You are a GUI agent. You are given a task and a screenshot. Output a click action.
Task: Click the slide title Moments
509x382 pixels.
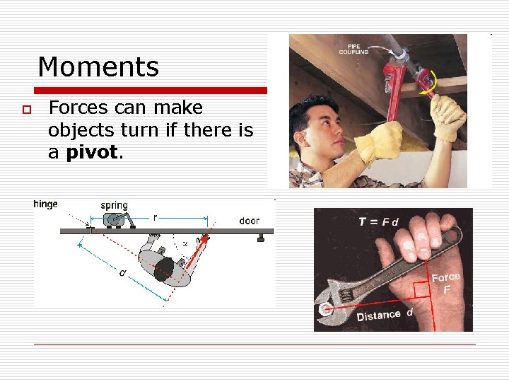[x=98, y=67]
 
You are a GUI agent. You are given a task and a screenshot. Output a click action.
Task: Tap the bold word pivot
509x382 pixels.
[x=94, y=153]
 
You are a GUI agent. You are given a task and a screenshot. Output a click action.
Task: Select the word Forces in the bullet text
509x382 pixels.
[x=78, y=108]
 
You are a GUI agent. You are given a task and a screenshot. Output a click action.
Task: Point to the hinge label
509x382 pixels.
[x=46, y=204]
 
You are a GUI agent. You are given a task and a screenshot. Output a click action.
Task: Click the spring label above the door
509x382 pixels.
[x=114, y=205]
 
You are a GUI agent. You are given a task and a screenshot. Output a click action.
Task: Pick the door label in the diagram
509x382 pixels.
[x=249, y=221]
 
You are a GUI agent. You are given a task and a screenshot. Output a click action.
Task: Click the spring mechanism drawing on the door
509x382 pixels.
[x=114, y=220]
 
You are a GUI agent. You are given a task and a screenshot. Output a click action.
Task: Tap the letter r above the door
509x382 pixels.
[x=155, y=218]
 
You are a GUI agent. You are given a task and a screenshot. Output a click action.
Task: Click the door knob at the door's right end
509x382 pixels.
[x=260, y=238]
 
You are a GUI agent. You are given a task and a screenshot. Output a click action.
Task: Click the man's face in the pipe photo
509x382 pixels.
[x=315, y=127]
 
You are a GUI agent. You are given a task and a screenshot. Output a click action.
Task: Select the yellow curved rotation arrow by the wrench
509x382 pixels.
[x=428, y=88]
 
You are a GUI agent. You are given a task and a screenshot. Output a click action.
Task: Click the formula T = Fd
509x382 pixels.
[x=378, y=221]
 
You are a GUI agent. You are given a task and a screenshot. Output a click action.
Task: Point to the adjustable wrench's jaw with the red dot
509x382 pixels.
[x=327, y=308]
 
